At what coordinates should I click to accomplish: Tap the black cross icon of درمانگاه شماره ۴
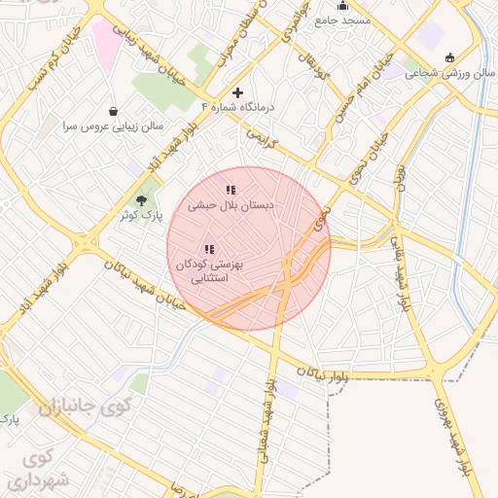point(237,92)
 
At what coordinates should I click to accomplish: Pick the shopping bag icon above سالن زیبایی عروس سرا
point(115,111)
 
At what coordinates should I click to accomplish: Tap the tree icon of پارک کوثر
point(142,198)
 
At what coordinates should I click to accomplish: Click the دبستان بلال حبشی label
point(231,206)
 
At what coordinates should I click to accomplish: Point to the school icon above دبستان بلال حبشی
point(230,191)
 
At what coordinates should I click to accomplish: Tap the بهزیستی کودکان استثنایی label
point(211,270)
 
